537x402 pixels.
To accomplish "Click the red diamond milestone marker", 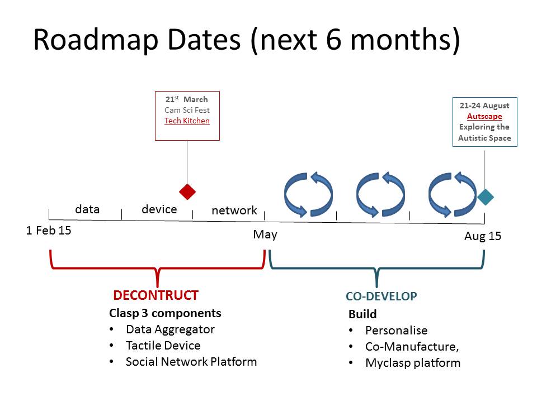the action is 187,192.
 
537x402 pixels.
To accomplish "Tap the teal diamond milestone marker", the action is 486,197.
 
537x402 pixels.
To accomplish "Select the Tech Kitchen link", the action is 187,121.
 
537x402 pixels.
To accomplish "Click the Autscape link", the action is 484,116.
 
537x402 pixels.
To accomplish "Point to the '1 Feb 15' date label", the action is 49,231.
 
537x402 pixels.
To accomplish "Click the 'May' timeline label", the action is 265,235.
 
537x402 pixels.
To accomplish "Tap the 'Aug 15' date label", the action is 483,236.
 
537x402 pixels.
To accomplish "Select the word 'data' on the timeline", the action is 87,209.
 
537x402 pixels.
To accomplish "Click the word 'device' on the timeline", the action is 159,209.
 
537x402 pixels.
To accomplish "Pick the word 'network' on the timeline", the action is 234,210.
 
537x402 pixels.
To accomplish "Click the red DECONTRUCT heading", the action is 156,295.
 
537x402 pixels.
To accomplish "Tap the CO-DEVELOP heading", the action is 381,296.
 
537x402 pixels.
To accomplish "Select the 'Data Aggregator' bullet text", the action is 170,329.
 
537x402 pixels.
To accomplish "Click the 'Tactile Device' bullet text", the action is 163,345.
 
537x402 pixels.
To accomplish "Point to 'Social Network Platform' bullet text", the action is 191,362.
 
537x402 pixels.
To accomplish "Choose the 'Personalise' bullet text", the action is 396,330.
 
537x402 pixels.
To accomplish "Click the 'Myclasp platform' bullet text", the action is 413,363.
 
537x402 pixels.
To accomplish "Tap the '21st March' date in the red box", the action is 187,99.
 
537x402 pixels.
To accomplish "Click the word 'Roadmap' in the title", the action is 96,40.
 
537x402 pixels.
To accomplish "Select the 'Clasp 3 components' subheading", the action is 165,313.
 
